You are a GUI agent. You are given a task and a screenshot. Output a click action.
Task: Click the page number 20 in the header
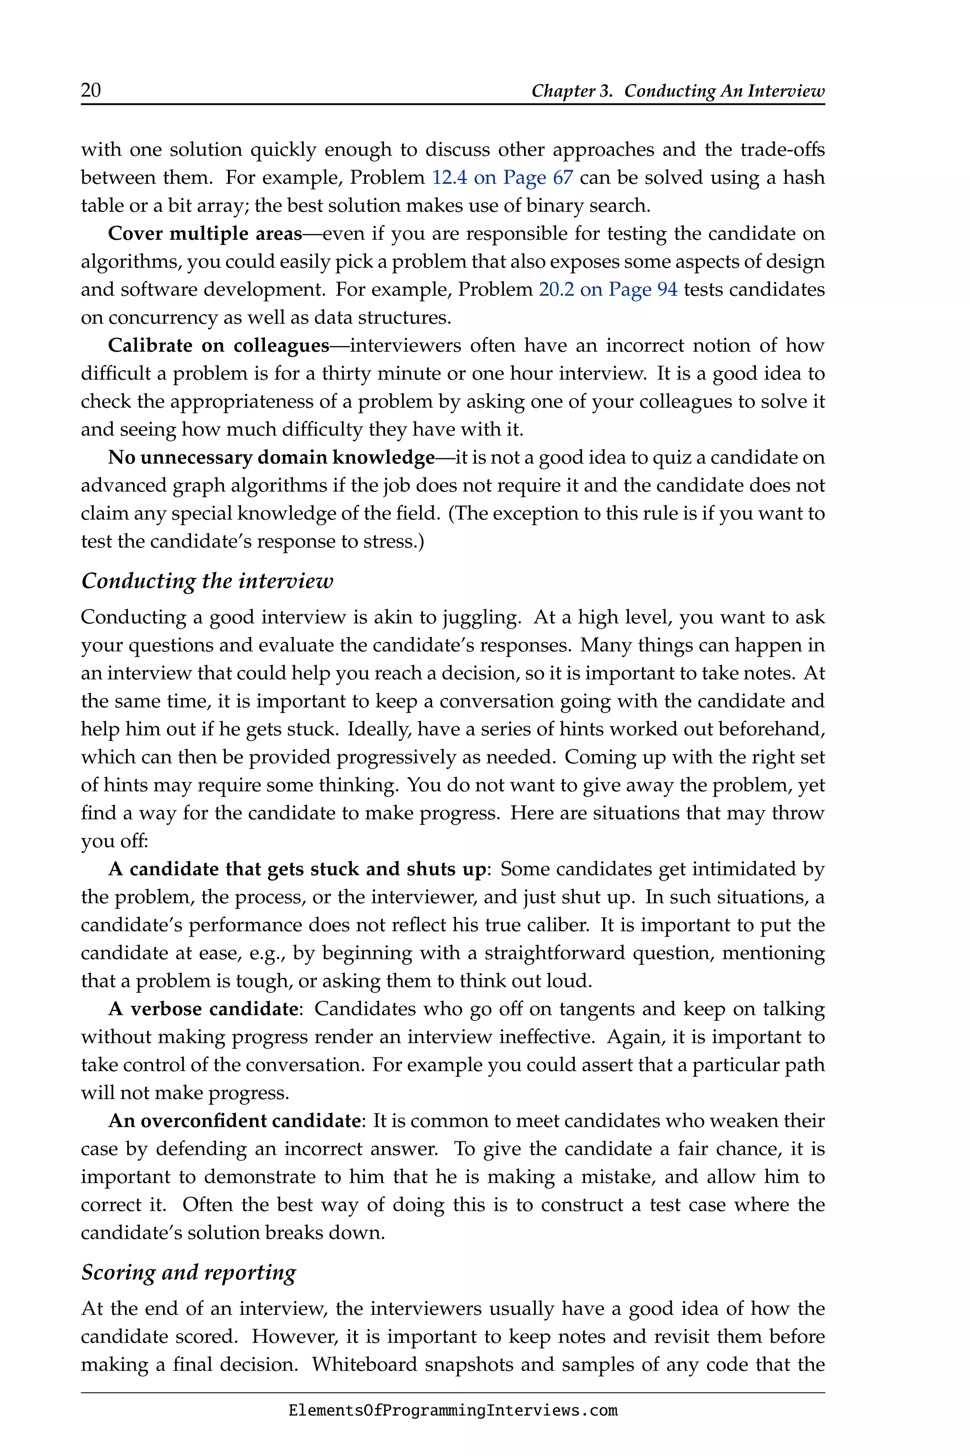(91, 91)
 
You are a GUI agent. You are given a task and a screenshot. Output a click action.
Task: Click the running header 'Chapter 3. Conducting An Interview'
(678, 91)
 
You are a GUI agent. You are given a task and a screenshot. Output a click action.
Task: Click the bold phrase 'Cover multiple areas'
(204, 234)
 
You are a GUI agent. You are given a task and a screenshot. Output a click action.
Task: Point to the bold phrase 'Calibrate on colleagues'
(218, 346)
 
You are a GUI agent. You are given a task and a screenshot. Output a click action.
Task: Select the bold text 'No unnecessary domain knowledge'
(271, 457)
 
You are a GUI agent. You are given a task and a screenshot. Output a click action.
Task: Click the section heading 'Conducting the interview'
(207, 581)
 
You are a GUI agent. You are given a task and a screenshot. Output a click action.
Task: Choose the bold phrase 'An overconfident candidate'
(234, 1121)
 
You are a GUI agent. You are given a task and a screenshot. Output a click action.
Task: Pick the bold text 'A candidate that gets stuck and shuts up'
(297, 869)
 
